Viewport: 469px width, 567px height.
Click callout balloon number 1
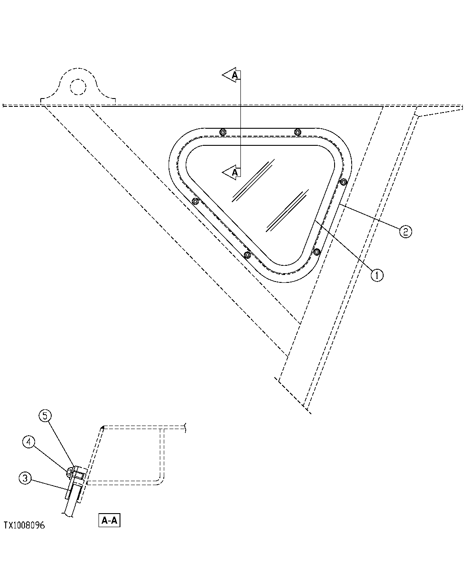377,275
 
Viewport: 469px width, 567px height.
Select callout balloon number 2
405,231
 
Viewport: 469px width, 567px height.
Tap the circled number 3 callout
25,479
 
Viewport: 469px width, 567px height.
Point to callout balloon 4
28,442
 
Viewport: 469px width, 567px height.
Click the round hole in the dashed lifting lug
78,86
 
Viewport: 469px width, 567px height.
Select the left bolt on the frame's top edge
223,132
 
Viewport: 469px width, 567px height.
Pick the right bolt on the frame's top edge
298,132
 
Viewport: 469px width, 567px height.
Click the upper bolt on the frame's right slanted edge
344,182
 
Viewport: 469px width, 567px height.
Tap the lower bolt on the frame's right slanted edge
317,252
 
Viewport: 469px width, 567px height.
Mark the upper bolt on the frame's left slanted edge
195,201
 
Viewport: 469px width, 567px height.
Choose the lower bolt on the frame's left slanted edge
247,255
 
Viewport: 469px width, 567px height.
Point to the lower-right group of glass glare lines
286,210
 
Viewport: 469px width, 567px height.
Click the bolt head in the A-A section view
70,472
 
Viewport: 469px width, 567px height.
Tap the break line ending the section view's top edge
187,427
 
